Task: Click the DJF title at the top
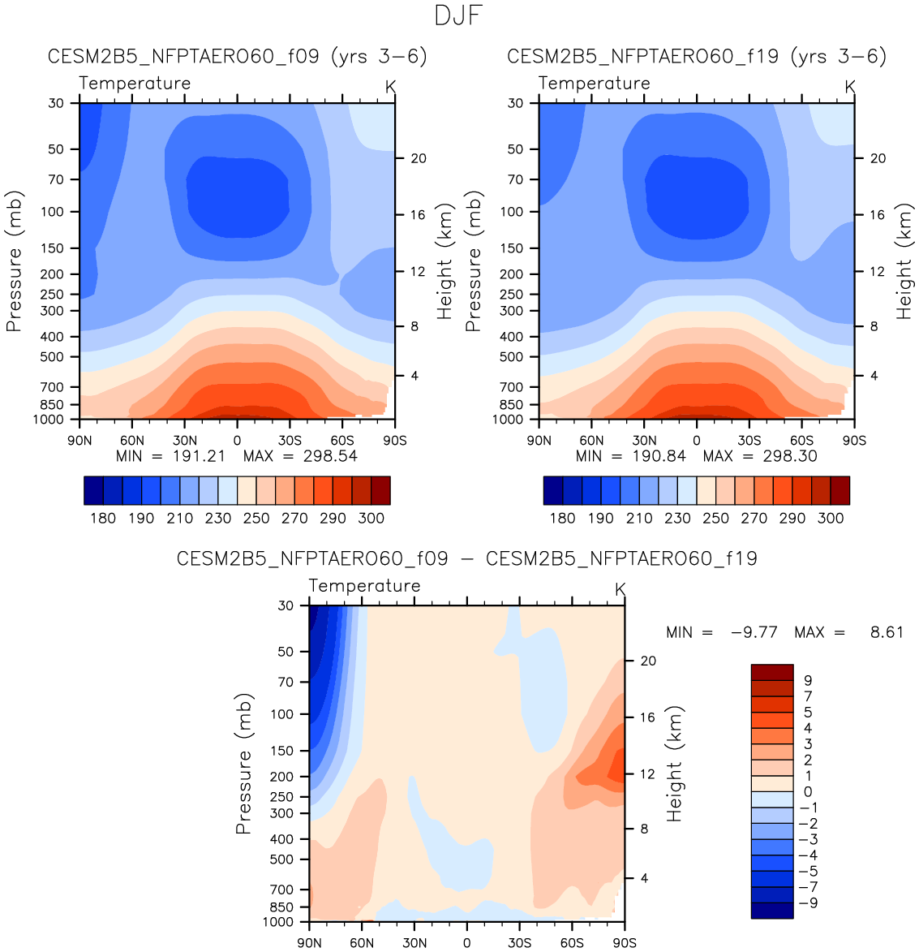(x=459, y=15)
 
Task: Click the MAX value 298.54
(x=330, y=456)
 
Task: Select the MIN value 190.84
(x=659, y=456)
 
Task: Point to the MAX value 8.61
(x=887, y=632)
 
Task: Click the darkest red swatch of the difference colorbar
(x=771, y=672)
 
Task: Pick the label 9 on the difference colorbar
(x=808, y=681)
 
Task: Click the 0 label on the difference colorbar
(x=808, y=792)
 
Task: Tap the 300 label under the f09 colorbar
(x=371, y=518)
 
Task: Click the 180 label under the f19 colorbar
(x=562, y=518)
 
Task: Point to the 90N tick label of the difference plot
(x=310, y=942)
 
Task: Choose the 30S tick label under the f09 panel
(x=290, y=440)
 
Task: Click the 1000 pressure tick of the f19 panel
(x=509, y=420)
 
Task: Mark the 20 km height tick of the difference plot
(x=648, y=661)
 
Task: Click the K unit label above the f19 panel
(x=850, y=86)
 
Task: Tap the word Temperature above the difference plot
(x=364, y=586)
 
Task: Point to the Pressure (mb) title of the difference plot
(x=243, y=764)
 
